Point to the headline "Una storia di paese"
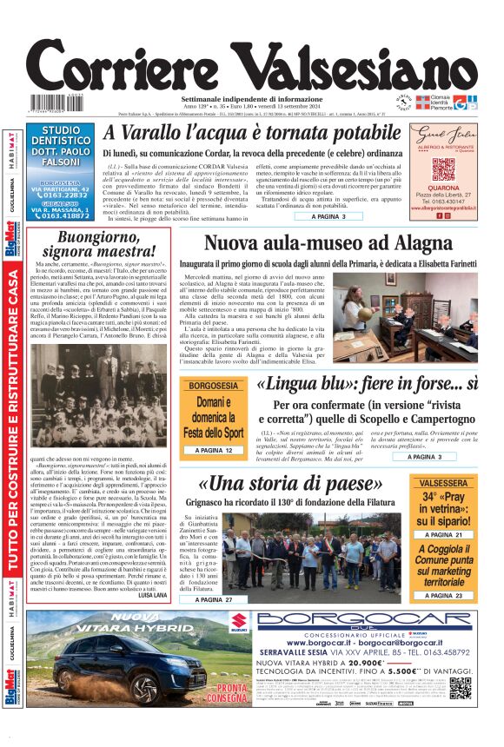point(293,484)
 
